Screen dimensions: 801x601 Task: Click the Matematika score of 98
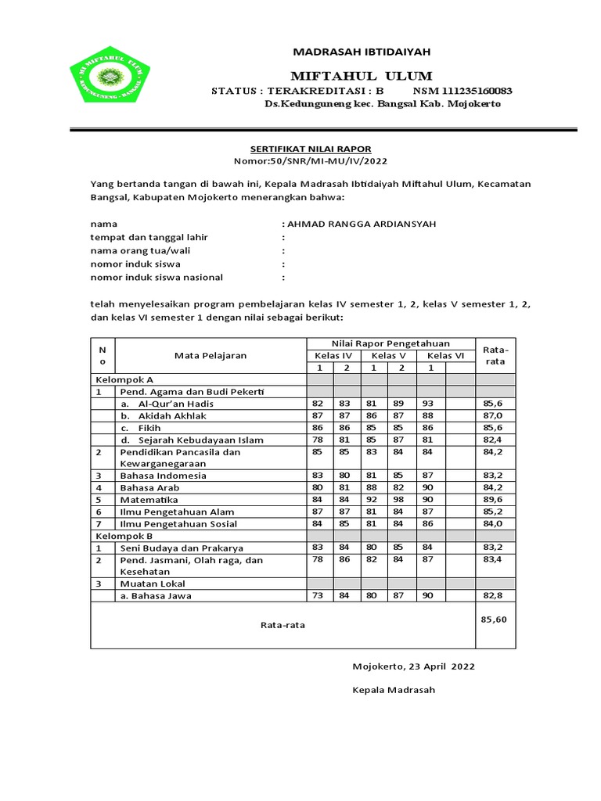[x=401, y=499]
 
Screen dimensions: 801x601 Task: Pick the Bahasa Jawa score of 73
[x=318, y=595]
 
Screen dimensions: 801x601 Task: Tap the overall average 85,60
[x=495, y=619]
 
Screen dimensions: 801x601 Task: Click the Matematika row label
[x=149, y=499]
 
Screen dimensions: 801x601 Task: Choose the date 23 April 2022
[x=442, y=667]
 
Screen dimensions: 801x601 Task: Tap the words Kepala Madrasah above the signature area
[x=394, y=691]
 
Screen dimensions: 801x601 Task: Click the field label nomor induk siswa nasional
[x=157, y=277]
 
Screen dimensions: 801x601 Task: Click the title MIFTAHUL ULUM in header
[x=361, y=76]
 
